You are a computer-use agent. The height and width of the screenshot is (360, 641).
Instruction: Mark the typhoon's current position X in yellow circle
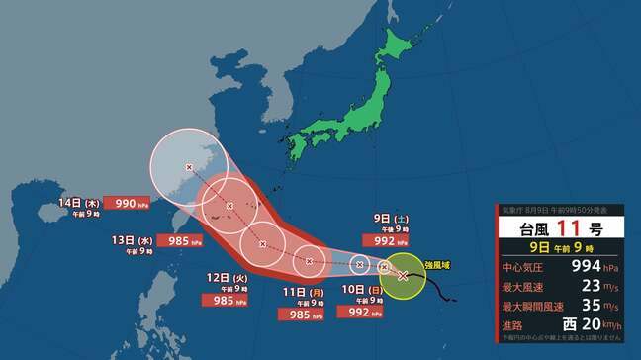402,276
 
